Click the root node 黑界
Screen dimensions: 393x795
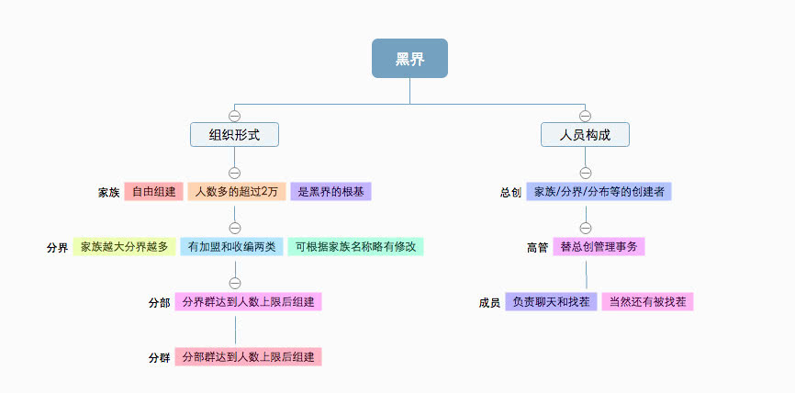[409, 59]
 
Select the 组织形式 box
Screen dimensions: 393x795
[234, 135]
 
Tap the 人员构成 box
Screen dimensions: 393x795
[585, 135]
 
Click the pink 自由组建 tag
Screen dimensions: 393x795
[153, 192]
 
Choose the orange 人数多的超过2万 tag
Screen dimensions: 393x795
[236, 192]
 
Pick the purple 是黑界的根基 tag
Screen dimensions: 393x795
[330, 192]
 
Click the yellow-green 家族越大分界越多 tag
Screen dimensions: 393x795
[124, 247]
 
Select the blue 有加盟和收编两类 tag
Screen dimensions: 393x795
[231, 247]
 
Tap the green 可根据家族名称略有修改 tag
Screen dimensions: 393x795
[355, 247]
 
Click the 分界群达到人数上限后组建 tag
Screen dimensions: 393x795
[248, 301]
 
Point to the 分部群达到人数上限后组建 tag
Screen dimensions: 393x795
[248, 356]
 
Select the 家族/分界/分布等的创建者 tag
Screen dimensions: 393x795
[599, 192]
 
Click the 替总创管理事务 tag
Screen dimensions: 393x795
[599, 247]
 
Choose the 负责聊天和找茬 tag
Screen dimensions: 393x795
[551, 301]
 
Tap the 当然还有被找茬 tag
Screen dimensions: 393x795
[646, 301]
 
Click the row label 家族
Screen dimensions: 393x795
[109, 193]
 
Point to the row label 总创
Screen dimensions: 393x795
[511, 193]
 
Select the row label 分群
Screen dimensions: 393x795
[159, 357]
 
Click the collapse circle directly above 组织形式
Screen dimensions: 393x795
[234, 116]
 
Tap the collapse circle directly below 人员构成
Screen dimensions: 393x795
[585, 172]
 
